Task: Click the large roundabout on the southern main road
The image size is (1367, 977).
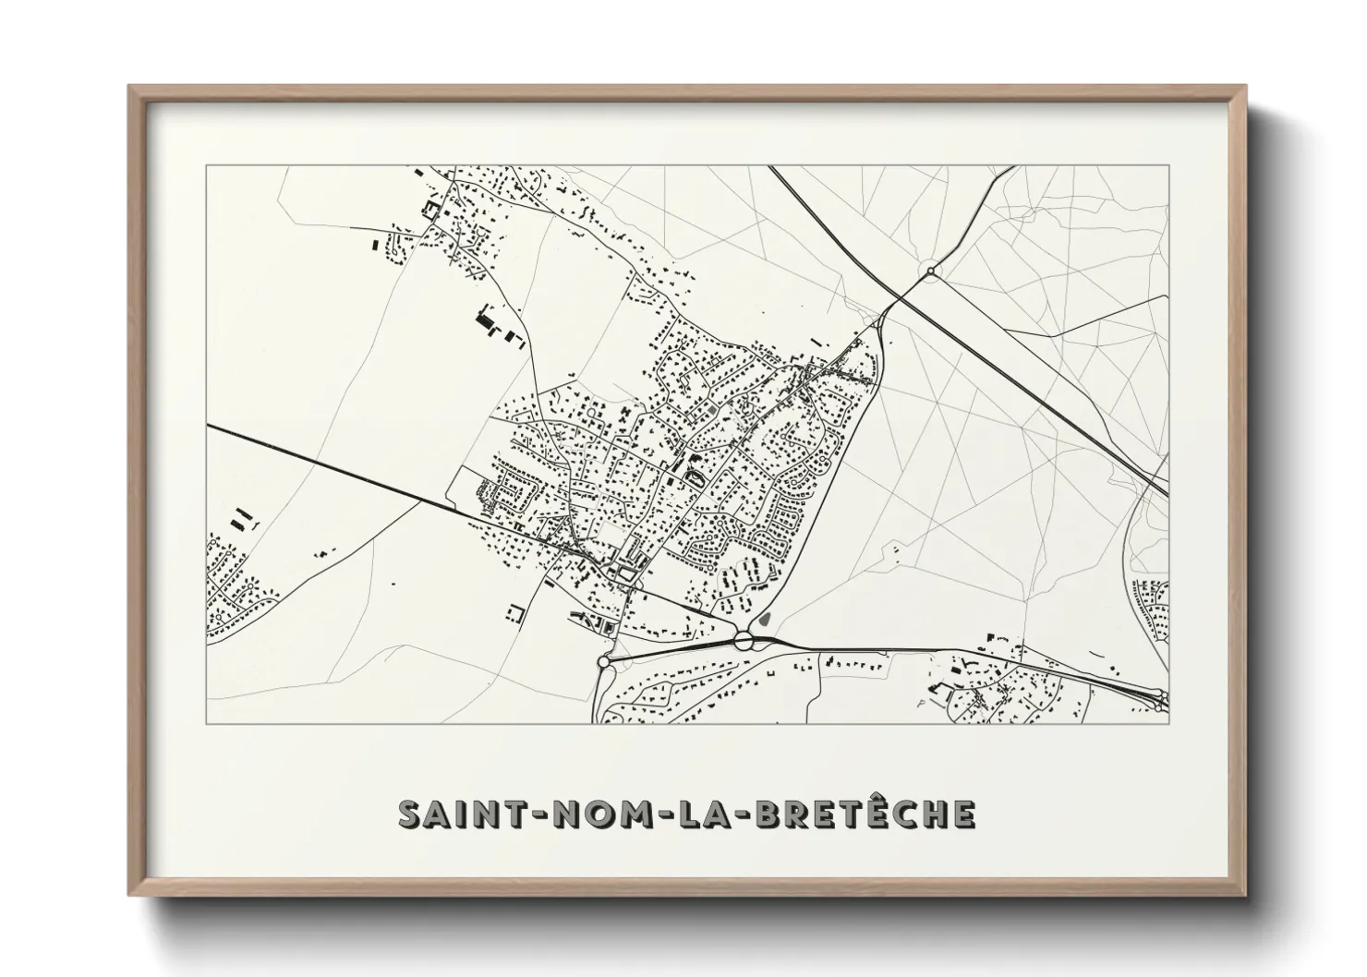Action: pos(745,640)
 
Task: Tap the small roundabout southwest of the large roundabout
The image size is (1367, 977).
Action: pos(604,662)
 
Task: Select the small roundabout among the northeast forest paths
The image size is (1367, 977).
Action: pos(931,271)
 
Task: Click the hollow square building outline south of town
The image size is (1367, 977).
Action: pos(514,613)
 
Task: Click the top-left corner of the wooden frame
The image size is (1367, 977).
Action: pos(129,87)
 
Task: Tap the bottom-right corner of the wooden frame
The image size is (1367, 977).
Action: pos(1246,897)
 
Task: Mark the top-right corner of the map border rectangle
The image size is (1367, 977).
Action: pos(1169,166)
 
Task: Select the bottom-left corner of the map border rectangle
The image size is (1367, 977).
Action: pos(206,724)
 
